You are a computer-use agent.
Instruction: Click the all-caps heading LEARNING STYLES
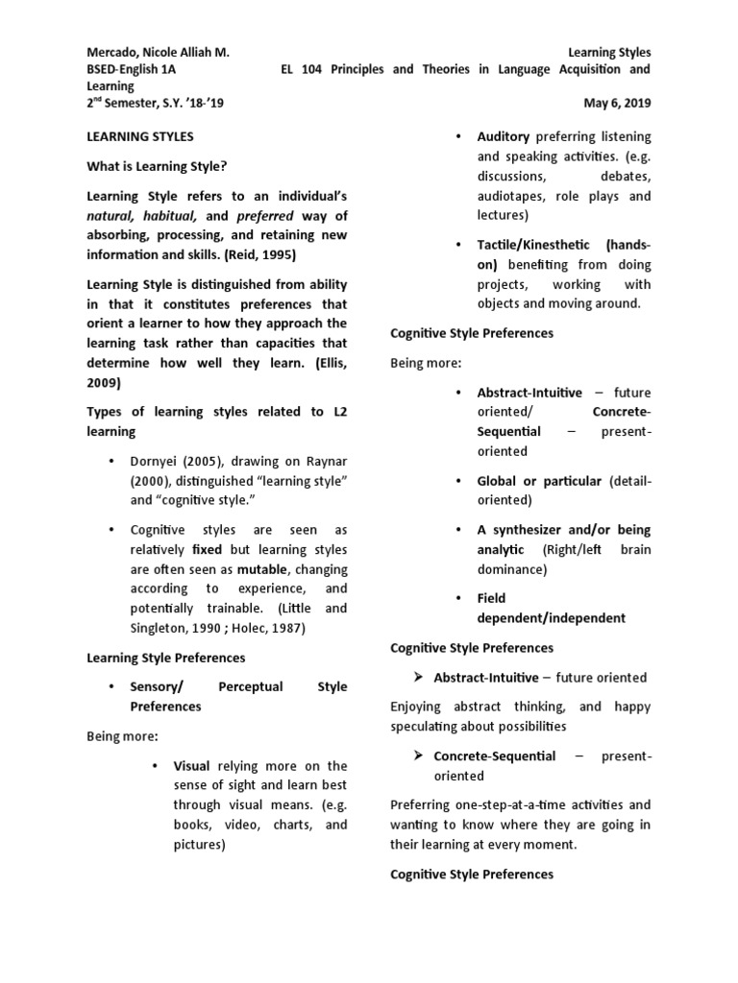tap(140, 137)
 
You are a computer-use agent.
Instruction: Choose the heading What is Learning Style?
tap(158, 166)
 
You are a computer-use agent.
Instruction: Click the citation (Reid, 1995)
tap(260, 254)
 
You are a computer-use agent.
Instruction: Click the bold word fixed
tap(207, 550)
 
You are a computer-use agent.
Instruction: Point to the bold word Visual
tap(191, 766)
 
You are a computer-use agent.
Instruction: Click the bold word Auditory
tap(504, 137)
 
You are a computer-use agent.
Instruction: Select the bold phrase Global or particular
tap(539, 480)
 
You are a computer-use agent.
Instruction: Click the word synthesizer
tap(531, 529)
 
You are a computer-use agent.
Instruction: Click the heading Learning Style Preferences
tap(166, 658)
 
